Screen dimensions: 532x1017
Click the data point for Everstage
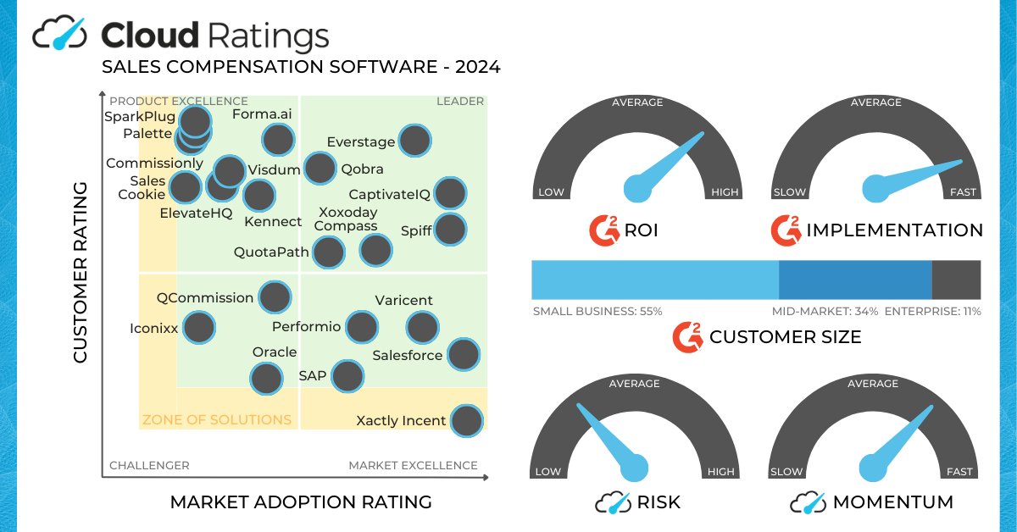point(414,141)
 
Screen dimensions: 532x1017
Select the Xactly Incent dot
point(466,420)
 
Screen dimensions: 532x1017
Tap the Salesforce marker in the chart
point(463,354)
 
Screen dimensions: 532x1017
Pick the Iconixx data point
point(198,327)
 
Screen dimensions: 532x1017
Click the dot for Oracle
point(266,379)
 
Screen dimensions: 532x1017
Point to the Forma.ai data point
point(277,140)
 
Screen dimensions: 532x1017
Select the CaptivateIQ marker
point(450,193)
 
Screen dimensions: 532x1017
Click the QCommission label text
point(205,298)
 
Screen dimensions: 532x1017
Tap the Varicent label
point(404,301)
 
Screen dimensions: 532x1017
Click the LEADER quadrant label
point(459,102)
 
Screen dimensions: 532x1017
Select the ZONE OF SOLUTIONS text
point(217,419)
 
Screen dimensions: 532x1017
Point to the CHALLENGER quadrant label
point(149,465)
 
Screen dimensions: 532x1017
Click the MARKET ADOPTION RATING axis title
point(301,502)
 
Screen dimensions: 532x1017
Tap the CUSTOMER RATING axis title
point(81,272)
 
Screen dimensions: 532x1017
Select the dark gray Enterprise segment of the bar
point(956,280)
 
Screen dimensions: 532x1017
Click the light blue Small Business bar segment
point(654,280)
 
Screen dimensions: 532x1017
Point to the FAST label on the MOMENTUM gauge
point(963,472)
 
